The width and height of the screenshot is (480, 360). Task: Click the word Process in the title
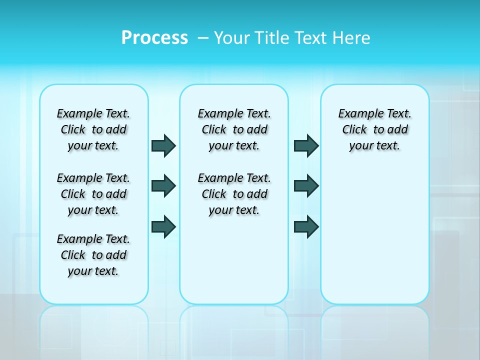pyautogui.click(x=154, y=37)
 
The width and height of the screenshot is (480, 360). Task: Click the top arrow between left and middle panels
pyautogui.click(x=163, y=145)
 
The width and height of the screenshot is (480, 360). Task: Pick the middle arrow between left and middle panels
pyautogui.click(x=163, y=186)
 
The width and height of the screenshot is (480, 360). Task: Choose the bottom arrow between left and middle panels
pyautogui.click(x=163, y=227)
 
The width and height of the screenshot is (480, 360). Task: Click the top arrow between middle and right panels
pyautogui.click(x=306, y=145)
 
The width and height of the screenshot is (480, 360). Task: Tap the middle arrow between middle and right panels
pyautogui.click(x=306, y=186)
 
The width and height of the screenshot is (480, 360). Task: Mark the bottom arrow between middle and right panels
pyautogui.click(x=306, y=227)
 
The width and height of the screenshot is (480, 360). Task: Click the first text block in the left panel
pyautogui.click(x=93, y=129)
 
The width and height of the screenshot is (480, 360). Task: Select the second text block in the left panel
pyautogui.click(x=93, y=194)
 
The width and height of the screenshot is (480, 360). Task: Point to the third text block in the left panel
pyautogui.click(x=93, y=255)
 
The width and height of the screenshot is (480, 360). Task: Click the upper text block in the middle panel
pyautogui.click(x=234, y=129)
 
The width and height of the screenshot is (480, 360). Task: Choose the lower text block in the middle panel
pyautogui.click(x=234, y=194)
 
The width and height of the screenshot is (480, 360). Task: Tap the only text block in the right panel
pyautogui.click(x=375, y=129)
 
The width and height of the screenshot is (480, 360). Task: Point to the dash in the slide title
pyautogui.click(x=203, y=38)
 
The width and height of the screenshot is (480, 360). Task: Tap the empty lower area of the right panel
pyautogui.click(x=375, y=235)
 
